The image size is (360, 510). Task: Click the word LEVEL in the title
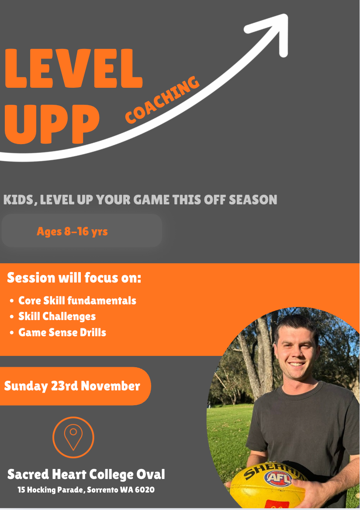(74, 69)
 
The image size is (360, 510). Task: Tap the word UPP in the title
(52, 124)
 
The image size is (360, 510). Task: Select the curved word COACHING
(162, 100)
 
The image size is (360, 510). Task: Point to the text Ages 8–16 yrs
(72, 231)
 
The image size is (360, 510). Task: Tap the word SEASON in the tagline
(253, 200)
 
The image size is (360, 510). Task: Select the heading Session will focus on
(74, 278)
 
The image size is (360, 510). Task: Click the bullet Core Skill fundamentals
(77, 300)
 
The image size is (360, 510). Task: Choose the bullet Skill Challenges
(57, 317)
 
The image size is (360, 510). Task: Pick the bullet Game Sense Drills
(62, 332)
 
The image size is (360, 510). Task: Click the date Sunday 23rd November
(72, 386)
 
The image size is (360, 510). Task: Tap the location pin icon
(73, 437)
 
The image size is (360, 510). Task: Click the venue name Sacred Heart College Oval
(86, 475)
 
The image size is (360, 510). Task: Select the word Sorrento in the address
(103, 490)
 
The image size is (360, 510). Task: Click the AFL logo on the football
(278, 478)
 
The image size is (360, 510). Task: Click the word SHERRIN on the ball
(273, 470)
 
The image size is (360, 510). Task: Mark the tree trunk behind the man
(257, 358)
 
